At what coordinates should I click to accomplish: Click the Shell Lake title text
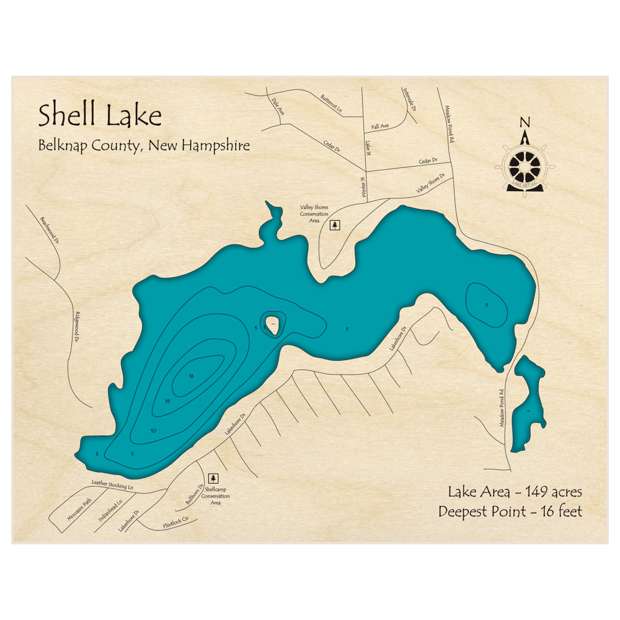pyautogui.click(x=100, y=116)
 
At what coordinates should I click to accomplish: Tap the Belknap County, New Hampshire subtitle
pyautogui.click(x=144, y=146)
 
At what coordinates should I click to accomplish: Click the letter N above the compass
pyautogui.click(x=525, y=122)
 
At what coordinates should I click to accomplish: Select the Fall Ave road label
pyautogui.click(x=380, y=126)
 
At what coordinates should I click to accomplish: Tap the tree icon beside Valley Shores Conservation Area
pyautogui.click(x=335, y=224)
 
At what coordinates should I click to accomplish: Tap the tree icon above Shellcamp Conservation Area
pyautogui.click(x=213, y=477)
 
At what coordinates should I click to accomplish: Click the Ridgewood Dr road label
pyautogui.click(x=77, y=327)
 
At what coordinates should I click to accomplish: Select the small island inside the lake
pyautogui.click(x=272, y=324)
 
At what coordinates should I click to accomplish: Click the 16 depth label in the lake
pyautogui.click(x=192, y=376)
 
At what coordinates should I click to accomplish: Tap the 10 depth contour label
pyautogui.click(x=153, y=431)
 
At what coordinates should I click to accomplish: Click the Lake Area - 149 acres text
pyautogui.click(x=514, y=492)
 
